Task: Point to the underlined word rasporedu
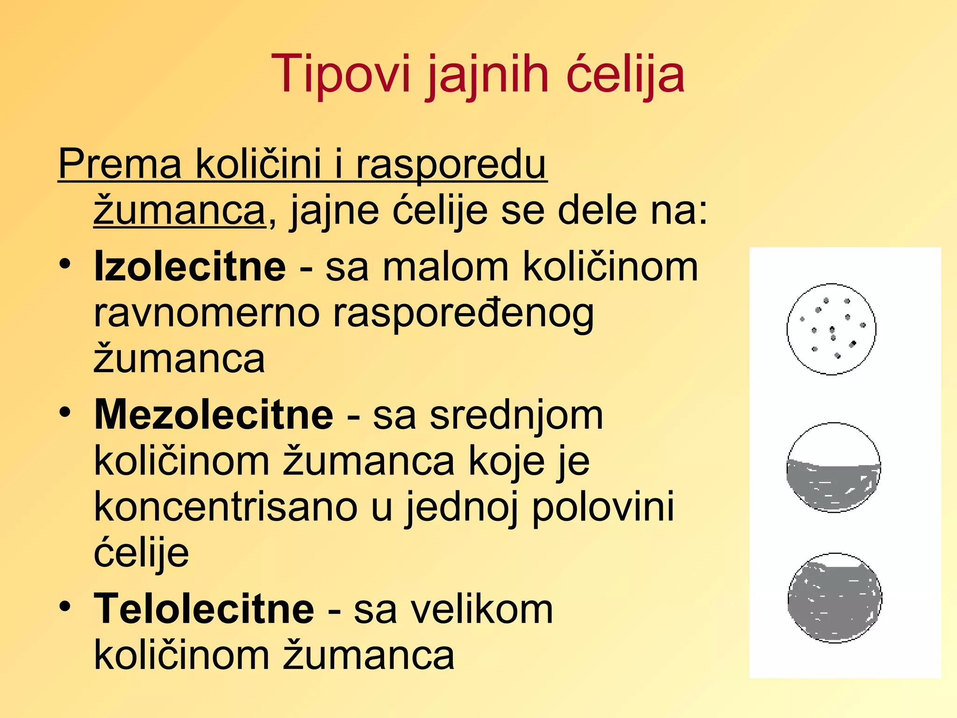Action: pyautogui.click(x=451, y=164)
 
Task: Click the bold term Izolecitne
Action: pyautogui.click(x=190, y=267)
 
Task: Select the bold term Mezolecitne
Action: pyautogui.click(x=214, y=415)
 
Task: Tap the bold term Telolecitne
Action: pyautogui.click(x=204, y=609)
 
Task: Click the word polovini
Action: pyautogui.click(x=603, y=508)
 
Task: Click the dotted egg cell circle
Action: pyautogui.click(x=831, y=329)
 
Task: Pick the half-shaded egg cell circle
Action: pyautogui.click(x=834, y=468)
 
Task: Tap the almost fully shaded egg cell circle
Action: pyautogui.click(x=835, y=598)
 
